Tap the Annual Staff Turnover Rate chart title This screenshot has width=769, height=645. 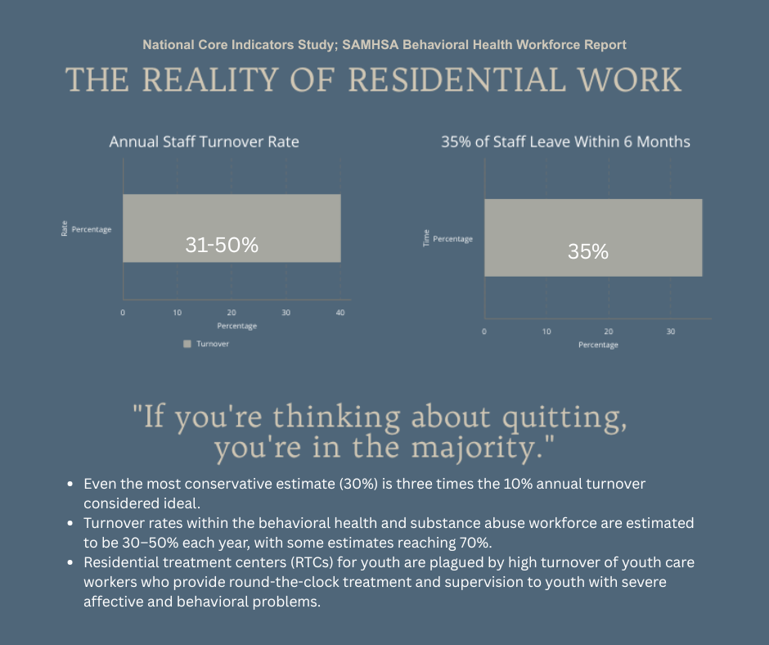tap(204, 142)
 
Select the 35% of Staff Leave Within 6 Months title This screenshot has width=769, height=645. tap(565, 142)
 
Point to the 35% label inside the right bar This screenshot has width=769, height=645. tap(588, 252)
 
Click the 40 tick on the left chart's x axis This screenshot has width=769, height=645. tap(340, 313)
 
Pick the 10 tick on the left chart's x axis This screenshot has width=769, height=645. tap(177, 313)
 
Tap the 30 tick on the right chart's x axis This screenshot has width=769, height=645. tap(671, 332)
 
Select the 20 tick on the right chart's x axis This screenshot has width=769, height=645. tap(609, 332)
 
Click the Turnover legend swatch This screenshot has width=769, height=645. tap(187, 344)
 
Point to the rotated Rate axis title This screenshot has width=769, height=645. tap(64, 229)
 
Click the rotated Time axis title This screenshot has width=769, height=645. tap(425, 238)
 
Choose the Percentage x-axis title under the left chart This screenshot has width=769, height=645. tap(232, 326)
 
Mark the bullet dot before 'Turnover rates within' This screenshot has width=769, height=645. tap(74, 523)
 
